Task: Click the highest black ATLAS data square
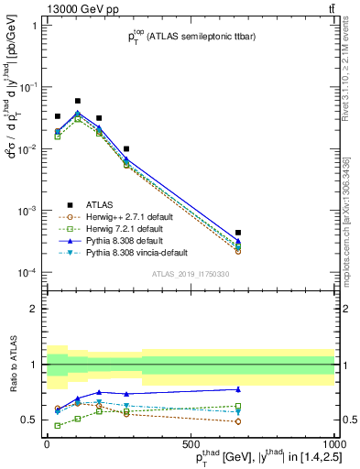click(x=78, y=101)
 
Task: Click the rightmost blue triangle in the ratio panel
click(x=238, y=389)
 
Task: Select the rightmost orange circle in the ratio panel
click(x=238, y=421)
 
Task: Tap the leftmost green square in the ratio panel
click(x=59, y=425)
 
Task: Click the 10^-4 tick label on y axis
click(x=29, y=273)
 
